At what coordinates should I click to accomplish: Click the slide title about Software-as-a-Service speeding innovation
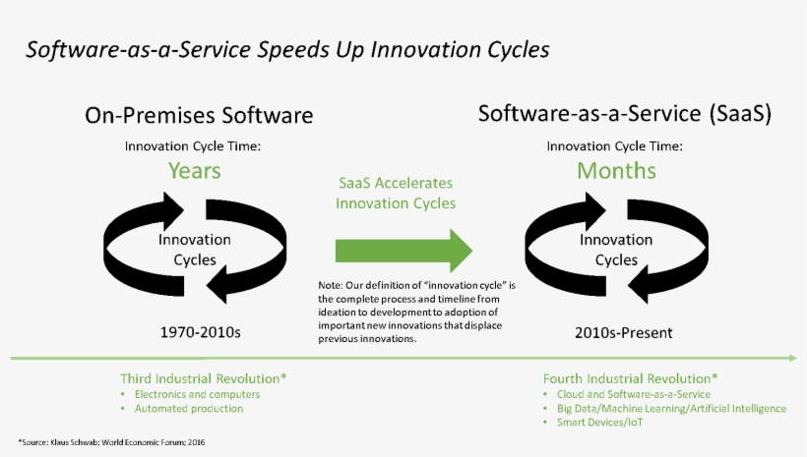tap(287, 49)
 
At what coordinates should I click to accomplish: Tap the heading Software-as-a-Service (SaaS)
tap(624, 113)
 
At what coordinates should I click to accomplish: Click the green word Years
tap(194, 171)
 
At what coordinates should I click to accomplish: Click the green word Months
tap(616, 171)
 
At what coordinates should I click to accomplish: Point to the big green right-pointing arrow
tap(403, 250)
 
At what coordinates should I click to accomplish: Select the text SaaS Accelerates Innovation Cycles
tap(396, 194)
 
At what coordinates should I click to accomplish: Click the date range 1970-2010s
tap(200, 332)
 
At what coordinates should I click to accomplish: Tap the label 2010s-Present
tap(623, 332)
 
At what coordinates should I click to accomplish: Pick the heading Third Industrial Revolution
tap(204, 378)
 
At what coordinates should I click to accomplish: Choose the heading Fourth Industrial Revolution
tap(630, 378)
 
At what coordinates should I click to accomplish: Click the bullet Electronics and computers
tap(188, 394)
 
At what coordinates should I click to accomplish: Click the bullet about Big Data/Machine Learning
tap(671, 408)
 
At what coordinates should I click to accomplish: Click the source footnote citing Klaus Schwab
tap(111, 443)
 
